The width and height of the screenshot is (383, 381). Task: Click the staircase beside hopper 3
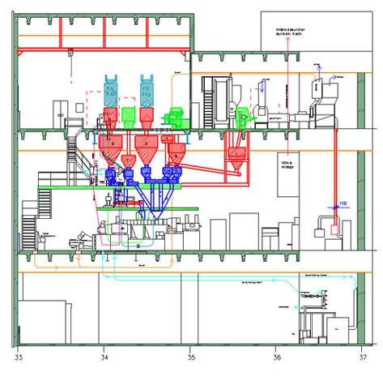(x=74, y=151)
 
